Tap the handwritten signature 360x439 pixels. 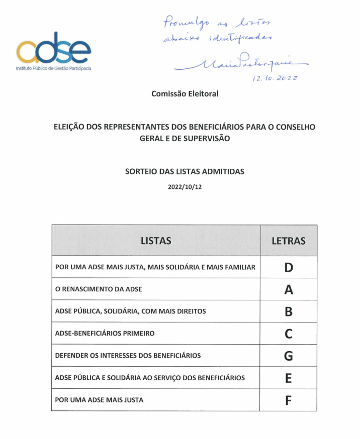[x=240, y=63]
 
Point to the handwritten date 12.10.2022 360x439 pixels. [x=276, y=78]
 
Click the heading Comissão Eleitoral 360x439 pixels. [x=185, y=93]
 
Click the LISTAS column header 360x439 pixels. [x=156, y=241]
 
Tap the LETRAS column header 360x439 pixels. [x=289, y=241]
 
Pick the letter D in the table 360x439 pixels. [x=289, y=267]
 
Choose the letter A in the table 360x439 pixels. [x=289, y=289]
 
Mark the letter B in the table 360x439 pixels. [x=289, y=311]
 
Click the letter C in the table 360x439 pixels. [x=289, y=334]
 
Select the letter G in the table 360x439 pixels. [x=289, y=356]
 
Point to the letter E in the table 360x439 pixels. [x=289, y=378]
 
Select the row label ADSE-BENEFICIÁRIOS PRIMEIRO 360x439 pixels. [x=105, y=334]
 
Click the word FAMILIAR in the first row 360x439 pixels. [x=239, y=267]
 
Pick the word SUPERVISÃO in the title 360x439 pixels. [x=210, y=138]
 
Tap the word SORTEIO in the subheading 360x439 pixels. [x=140, y=171]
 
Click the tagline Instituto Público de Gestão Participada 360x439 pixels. [x=54, y=68]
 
